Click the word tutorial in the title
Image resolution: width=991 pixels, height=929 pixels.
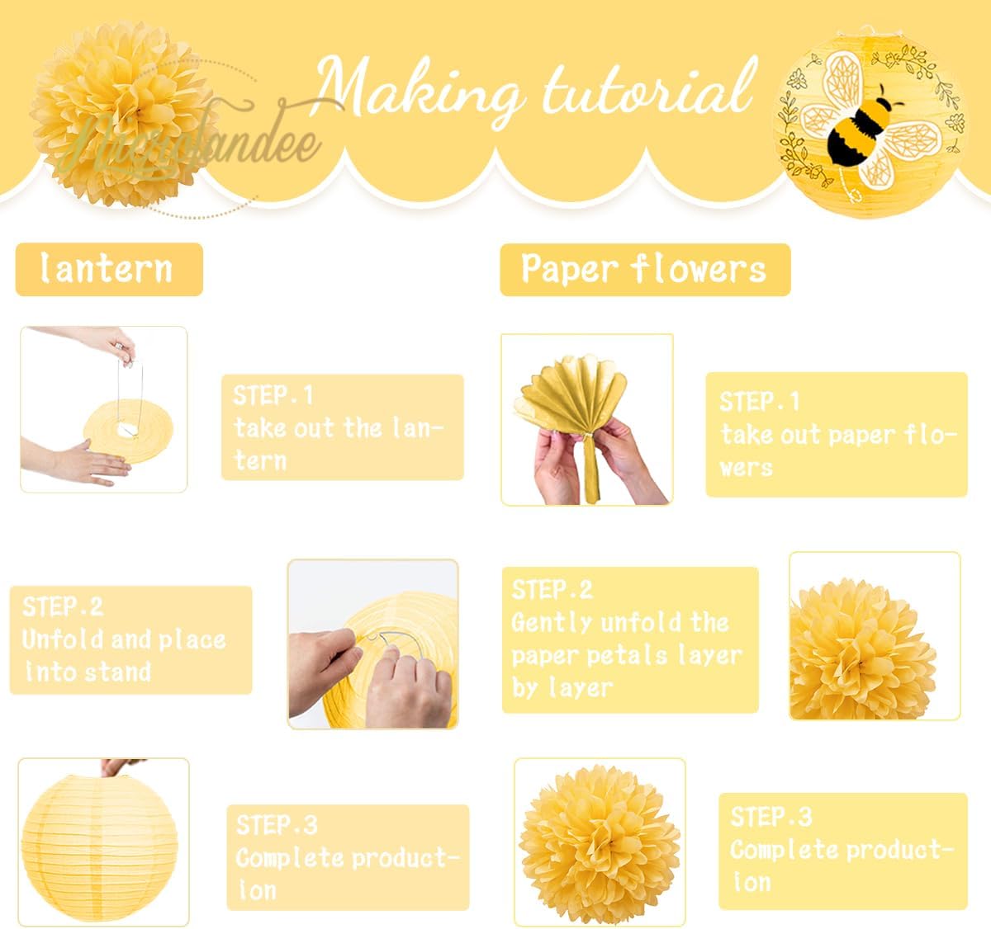click(x=648, y=88)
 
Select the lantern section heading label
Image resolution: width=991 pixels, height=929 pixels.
click(x=108, y=269)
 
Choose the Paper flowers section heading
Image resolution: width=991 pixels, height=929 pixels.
click(x=644, y=269)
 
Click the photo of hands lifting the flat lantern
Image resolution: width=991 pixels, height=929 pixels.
click(x=103, y=409)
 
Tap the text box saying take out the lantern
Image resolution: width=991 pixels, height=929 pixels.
click(x=342, y=427)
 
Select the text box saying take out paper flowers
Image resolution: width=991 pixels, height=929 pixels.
click(x=836, y=434)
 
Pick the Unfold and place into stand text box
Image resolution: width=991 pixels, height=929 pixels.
click(x=130, y=639)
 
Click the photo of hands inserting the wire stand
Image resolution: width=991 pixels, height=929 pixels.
click(x=372, y=644)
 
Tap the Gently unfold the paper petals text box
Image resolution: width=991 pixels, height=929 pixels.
click(x=629, y=639)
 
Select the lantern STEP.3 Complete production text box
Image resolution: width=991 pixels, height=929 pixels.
click(x=348, y=857)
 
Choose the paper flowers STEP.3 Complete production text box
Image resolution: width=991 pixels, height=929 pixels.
click(x=842, y=850)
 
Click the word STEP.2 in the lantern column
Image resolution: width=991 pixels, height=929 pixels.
click(x=63, y=606)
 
